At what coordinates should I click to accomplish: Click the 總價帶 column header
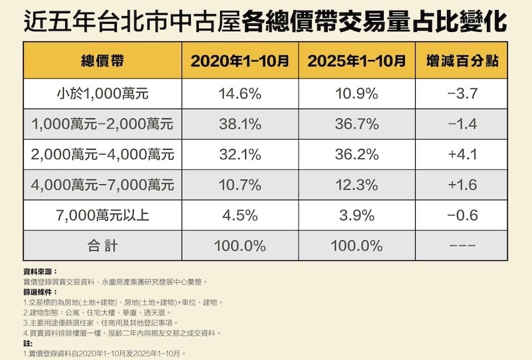[x=102, y=61]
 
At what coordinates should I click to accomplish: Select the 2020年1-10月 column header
[x=240, y=61]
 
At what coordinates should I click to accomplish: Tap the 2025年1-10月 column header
[x=356, y=61]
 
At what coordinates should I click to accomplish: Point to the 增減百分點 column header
[x=462, y=61]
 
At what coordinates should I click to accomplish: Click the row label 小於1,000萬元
[x=102, y=93]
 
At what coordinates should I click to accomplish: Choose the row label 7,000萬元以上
[x=102, y=216]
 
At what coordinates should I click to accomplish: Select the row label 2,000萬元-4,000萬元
[x=102, y=155]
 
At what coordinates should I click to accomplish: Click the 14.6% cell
[x=240, y=93]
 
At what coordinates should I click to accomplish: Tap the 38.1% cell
[x=240, y=124]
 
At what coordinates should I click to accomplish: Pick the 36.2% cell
[x=356, y=155]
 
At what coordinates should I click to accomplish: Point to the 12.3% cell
[x=356, y=186]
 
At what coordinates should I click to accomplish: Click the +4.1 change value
[x=462, y=155]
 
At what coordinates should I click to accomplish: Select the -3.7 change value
[x=462, y=93]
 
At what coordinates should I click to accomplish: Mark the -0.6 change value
[x=462, y=216]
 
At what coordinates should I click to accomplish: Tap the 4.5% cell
[x=240, y=216]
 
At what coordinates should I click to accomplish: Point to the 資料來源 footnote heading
[x=39, y=272]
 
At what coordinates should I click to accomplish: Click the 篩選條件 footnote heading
[x=39, y=292]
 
